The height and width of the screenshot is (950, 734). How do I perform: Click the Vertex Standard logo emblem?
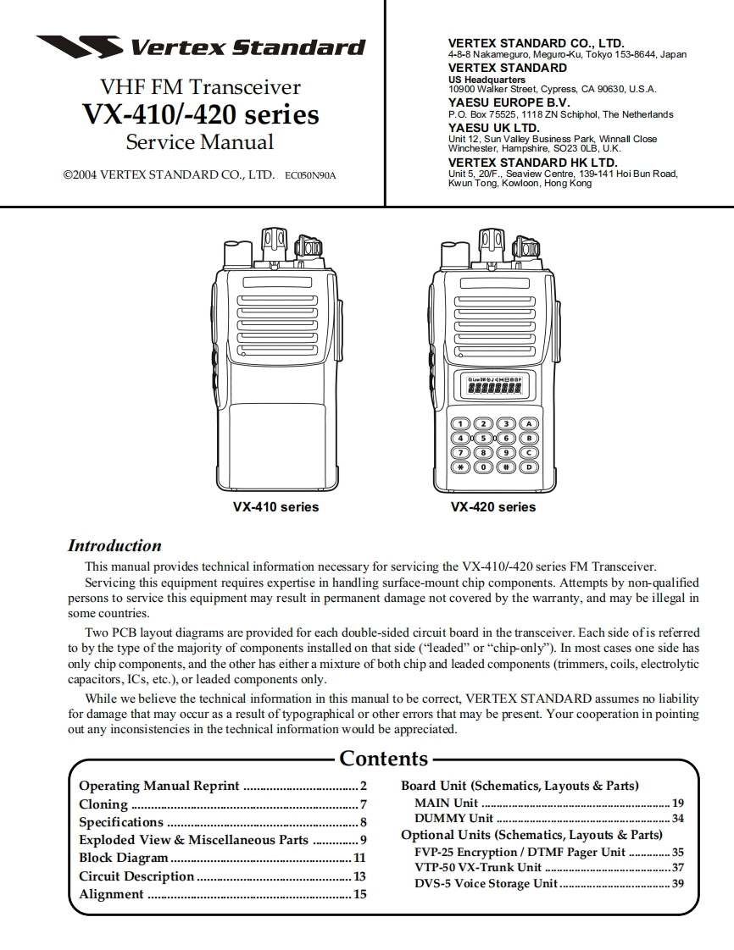click(x=78, y=47)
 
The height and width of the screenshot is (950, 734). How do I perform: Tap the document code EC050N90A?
click(x=310, y=176)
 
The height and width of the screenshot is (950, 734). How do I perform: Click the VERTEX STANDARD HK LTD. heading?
click(x=532, y=163)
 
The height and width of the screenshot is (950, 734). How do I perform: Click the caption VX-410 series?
click(x=275, y=507)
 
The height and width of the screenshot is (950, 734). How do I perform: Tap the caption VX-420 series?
click(x=493, y=507)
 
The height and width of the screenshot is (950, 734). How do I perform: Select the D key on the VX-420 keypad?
click(x=529, y=467)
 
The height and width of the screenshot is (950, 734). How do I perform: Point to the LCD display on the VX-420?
click(x=493, y=389)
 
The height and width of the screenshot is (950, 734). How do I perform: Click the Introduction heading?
click(x=114, y=546)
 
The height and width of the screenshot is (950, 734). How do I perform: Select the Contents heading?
click(x=383, y=759)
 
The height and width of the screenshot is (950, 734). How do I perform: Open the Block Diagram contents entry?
click(x=124, y=858)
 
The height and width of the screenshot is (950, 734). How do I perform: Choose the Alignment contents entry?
click(x=111, y=894)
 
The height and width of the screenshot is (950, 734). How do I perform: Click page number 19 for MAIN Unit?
click(x=677, y=803)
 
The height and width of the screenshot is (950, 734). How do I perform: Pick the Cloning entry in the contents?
click(x=103, y=804)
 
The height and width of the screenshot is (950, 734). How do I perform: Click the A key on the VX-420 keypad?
click(x=529, y=423)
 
